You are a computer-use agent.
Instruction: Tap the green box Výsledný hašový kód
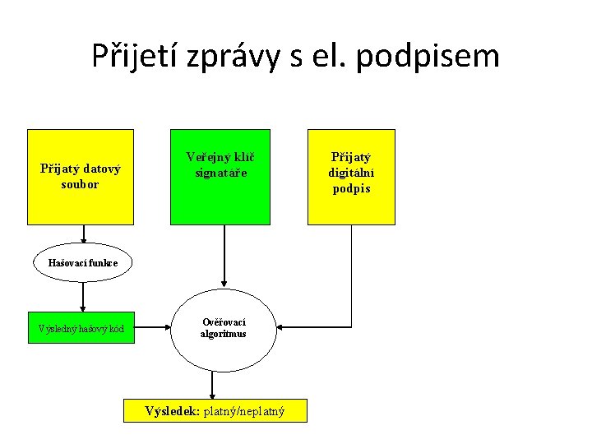click(x=81, y=329)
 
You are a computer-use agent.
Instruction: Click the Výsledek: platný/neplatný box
click(x=215, y=411)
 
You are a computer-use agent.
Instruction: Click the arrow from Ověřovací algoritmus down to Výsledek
click(x=213, y=385)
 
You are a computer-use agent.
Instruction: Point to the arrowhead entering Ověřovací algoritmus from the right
click(x=280, y=328)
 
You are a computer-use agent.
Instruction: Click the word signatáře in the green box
click(x=220, y=173)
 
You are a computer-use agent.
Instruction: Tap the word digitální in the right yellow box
click(x=351, y=173)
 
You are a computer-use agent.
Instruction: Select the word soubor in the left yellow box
click(x=80, y=184)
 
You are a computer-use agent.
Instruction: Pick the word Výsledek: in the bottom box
click(x=172, y=411)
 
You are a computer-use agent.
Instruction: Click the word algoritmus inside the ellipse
click(x=224, y=334)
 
